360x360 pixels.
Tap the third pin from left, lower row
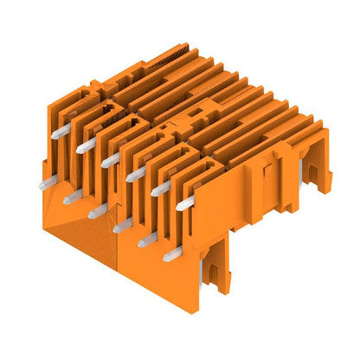point(97,210)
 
